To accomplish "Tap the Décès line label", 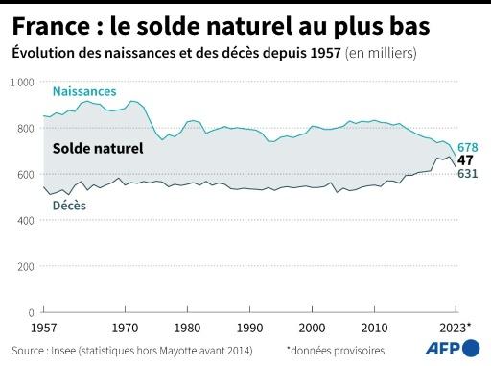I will [x=68, y=205].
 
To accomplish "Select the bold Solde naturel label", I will [x=98, y=149].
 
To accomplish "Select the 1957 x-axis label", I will [x=44, y=328].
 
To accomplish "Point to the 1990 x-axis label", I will [x=249, y=328].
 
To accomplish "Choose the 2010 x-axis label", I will [x=374, y=328].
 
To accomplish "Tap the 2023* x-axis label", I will [x=456, y=328].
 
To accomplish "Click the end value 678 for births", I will [x=468, y=147].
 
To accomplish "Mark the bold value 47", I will [x=466, y=160].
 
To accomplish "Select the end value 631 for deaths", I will [x=468, y=174].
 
